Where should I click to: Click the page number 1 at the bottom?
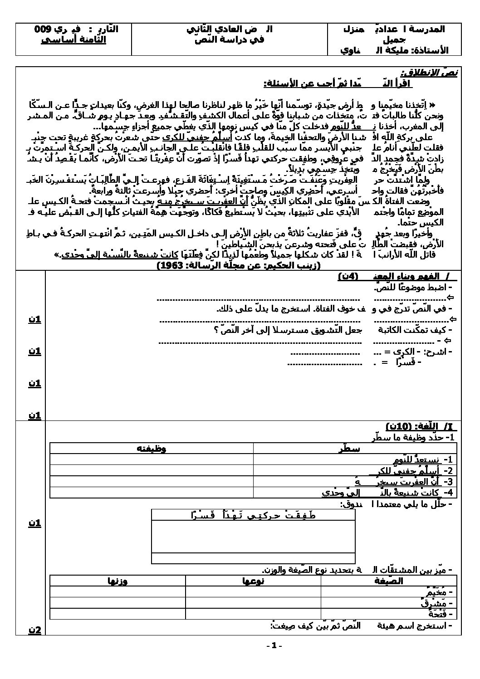click(x=275, y=645)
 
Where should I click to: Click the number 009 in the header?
click(x=43, y=29)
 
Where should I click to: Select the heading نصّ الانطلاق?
click(x=429, y=73)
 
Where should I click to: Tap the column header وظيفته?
click(x=151, y=449)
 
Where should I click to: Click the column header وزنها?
click(x=117, y=581)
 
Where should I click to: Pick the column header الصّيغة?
click(x=387, y=581)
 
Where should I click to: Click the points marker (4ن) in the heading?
click(x=348, y=277)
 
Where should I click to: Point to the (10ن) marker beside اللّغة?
click(x=399, y=426)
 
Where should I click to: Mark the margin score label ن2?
click(x=35, y=630)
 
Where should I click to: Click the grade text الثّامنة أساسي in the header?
click(x=73, y=39)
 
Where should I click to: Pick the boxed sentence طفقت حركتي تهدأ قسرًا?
click(x=253, y=515)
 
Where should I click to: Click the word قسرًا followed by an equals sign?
click(x=410, y=362)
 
